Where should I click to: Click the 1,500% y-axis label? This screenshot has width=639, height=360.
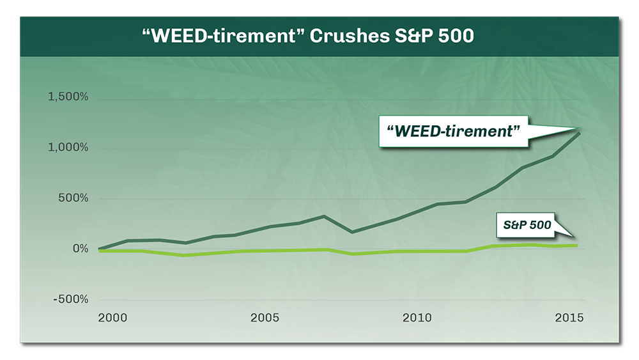click(x=68, y=97)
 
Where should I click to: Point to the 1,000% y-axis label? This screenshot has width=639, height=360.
click(x=68, y=147)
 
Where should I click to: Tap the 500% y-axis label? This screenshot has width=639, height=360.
click(x=73, y=198)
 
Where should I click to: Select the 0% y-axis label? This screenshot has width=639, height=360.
click(x=81, y=248)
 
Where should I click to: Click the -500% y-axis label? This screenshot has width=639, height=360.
click(x=70, y=299)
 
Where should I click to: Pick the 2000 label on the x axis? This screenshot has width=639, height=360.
click(x=112, y=318)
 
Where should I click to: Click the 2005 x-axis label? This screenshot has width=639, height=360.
click(x=265, y=318)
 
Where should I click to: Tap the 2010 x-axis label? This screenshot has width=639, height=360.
click(x=417, y=318)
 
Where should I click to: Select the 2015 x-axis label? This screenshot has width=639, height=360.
click(x=569, y=318)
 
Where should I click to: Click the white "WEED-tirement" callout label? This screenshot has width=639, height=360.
click(x=453, y=131)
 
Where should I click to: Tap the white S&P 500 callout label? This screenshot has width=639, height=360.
click(x=526, y=225)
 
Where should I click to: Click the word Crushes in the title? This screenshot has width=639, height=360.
click(x=350, y=36)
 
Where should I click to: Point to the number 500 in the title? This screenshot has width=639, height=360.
click(x=456, y=36)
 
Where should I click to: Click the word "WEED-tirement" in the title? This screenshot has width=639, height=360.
click(x=223, y=36)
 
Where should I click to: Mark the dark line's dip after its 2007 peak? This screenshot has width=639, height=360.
click(x=351, y=232)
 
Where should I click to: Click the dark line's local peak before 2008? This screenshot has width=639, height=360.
click(x=324, y=215)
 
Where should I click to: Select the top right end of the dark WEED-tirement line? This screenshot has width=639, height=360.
click(x=579, y=133)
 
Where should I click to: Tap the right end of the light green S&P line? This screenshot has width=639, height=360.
click(x=577, y=246)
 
